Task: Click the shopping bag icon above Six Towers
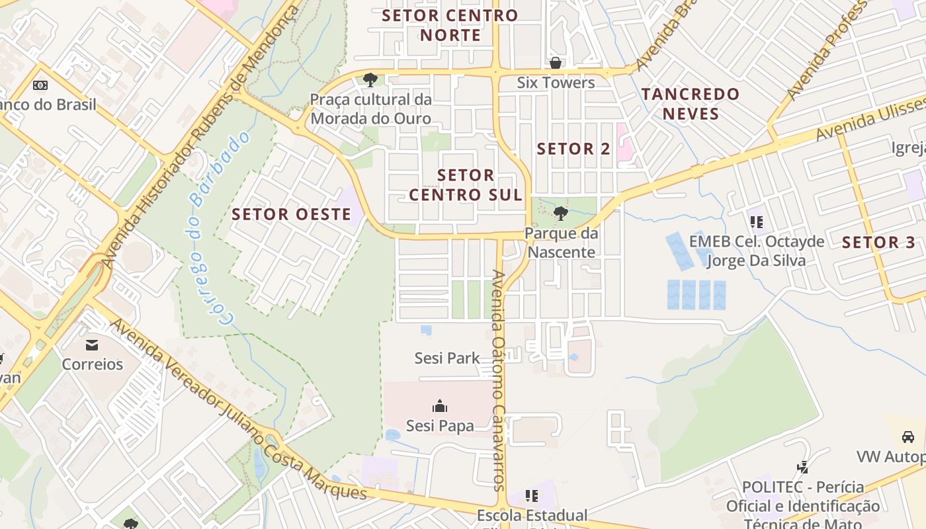tap(556, 63)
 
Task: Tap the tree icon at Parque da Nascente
tap(561, 214)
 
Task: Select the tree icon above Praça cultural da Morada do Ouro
tap(370, 81)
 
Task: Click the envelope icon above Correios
tap(92, 345)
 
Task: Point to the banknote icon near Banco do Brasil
tap(40, 85)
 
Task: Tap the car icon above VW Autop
tap(908, 437)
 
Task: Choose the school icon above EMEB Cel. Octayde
tap(757, 222)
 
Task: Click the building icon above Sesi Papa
tap(440, 406)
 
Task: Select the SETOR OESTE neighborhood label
tap(292, 214)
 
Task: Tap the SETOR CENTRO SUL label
tap(466, 185)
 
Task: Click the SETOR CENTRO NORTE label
tap(450, 25)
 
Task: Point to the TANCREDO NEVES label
tap(691, 104)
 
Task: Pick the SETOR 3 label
tap(879, 243)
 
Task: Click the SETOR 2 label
tap(573, 149)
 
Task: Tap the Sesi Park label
tap(447, 358)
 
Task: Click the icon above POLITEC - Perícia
tap(803, 468)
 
